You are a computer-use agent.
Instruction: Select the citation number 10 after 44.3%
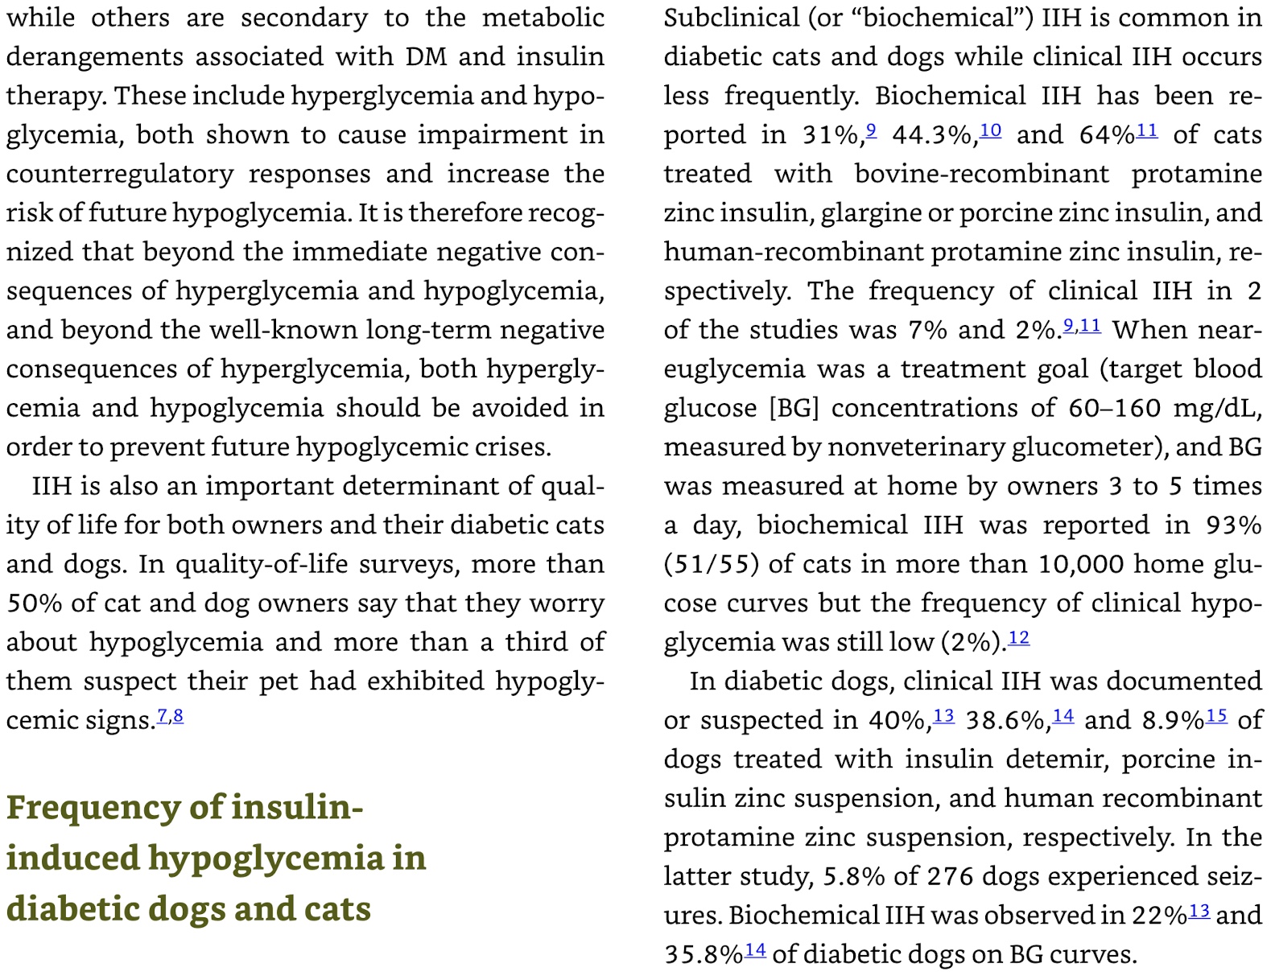(x=991, y=130)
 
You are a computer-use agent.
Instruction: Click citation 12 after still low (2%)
(x=1018, y=638)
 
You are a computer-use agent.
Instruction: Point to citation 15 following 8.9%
(x=1216, y=715)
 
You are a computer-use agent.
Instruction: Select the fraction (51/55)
(x=712, y=564)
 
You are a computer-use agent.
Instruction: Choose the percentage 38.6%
(x=1007, y=720)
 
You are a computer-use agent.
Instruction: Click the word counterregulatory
(x=121, y=174)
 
